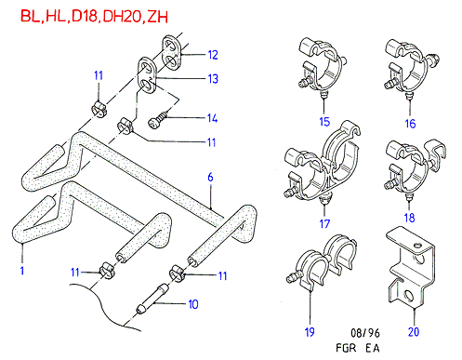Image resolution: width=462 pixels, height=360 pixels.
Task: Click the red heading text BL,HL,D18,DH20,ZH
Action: (94, 17)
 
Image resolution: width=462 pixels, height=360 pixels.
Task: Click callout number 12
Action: (213, 55)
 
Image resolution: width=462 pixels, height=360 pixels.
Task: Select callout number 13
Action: (213, 78)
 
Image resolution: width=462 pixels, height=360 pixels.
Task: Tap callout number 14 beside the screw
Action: (212, 118)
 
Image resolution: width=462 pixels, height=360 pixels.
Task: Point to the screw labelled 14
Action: (157, 120)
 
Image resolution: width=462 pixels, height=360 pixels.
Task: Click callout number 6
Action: (210, 177)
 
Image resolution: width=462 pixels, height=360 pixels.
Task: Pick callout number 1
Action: (22, 271)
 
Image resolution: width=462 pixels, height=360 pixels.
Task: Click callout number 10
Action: (193, 304)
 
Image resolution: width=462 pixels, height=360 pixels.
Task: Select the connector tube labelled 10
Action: (152, 299)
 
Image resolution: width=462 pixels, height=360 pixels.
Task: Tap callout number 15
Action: (324, 122)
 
